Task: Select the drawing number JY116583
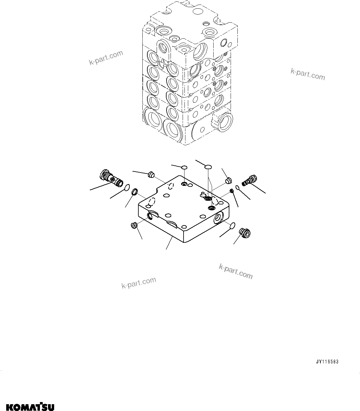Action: point(327,362)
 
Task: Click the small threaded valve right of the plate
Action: point(249,179)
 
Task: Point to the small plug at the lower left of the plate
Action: point(134,225)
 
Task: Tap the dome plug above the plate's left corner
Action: point(151,174)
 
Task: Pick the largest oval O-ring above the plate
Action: point(208,167)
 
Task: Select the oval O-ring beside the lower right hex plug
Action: point(232,226)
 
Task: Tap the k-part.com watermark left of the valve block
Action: point(106,58)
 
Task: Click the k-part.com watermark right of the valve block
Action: point(308,74)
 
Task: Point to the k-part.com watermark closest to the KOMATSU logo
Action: point(138,282)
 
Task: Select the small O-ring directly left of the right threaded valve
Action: point(237,187)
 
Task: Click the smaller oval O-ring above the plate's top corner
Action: point(184,167)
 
